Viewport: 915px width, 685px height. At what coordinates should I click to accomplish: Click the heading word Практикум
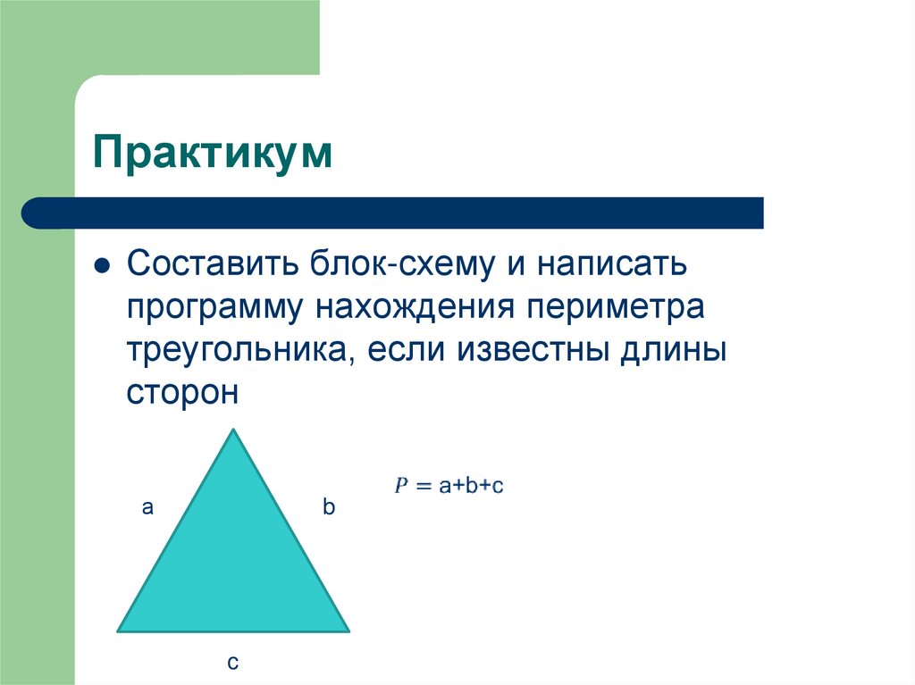213,154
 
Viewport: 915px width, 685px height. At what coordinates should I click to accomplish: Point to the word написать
611,265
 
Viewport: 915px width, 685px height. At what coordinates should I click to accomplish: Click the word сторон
182,392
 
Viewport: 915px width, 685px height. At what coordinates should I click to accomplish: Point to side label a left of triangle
147,508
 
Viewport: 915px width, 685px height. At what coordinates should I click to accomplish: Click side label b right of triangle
328,508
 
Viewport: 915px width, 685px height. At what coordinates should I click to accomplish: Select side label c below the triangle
232,662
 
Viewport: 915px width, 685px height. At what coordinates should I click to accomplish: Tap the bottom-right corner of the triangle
347,630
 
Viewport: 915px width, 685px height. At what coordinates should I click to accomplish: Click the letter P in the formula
402,485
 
